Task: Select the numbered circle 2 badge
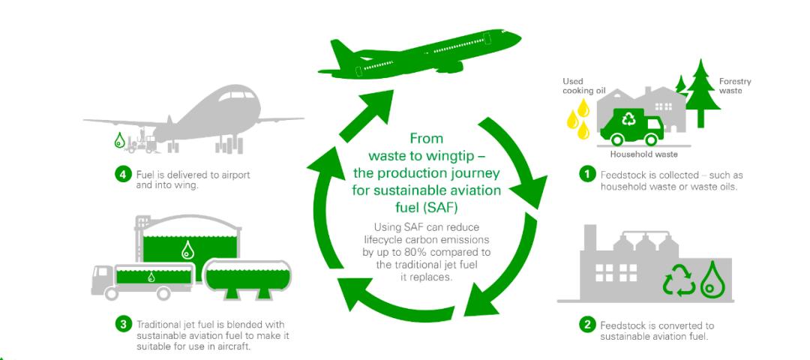(589, 325)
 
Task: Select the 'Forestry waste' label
(734, 85)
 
